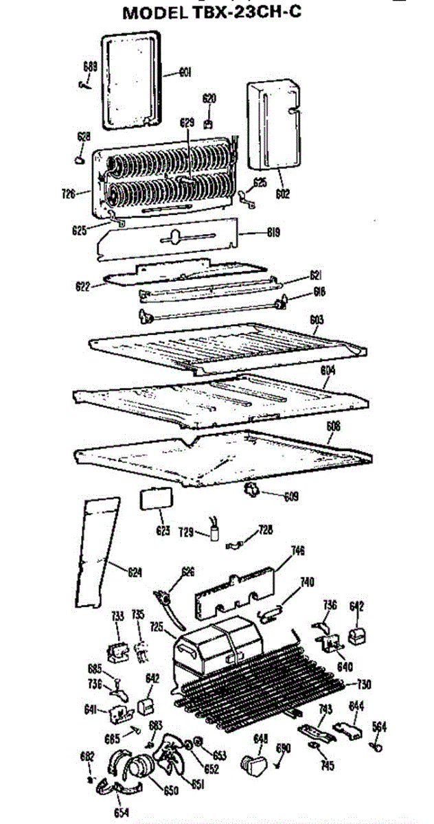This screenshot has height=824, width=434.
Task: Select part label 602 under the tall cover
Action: coord(282,194)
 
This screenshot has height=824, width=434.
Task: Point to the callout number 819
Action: coord(273,232)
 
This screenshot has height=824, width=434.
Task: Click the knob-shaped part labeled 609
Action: coord(253,490)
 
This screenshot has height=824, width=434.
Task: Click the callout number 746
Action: coord(297,551)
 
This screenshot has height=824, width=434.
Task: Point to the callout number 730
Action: coord(364,683)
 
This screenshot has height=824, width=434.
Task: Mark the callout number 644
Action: coord(356,706)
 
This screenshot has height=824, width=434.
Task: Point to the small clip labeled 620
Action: coord(209,124)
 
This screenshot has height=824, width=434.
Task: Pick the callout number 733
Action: coord(117,617)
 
